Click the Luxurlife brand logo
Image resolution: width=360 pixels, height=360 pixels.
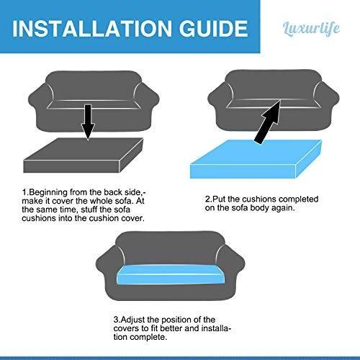311,29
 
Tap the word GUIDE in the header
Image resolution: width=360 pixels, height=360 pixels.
213,29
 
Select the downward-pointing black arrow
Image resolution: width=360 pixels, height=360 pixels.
88,122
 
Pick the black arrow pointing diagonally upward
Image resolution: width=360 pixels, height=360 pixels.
268,122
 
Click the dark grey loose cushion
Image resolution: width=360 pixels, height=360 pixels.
84,155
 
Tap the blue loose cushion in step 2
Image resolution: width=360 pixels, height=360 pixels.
256,159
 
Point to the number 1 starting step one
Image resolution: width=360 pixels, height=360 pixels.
24,192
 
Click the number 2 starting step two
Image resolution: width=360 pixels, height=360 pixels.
207,199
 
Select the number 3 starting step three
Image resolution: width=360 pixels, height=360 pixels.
116,320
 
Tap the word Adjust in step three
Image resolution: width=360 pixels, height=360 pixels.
133,320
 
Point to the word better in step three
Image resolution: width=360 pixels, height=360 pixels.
172,328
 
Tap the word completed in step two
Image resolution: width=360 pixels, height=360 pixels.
299,199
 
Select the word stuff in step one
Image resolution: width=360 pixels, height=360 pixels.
89,210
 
